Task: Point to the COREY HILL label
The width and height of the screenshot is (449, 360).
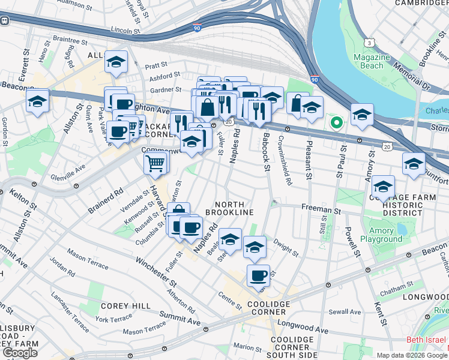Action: click(x=125, y=305)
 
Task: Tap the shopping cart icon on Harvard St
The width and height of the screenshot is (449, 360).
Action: click(x=155, y=162)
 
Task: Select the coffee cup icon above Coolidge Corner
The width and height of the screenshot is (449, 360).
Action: click(x=258, y=275)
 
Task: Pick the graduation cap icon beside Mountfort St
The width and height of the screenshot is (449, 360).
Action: click(x=414, y=163)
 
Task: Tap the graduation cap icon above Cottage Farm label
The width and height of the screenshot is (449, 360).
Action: click(x=383, y=186)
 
